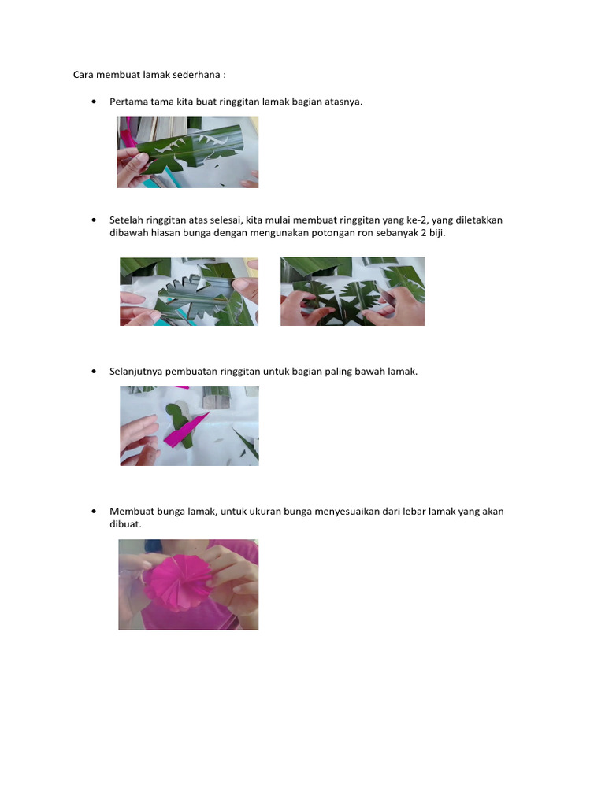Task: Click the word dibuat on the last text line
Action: tap(124, 524)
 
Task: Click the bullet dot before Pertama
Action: tap(94, 102)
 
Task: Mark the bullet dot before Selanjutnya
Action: tap(94, 372)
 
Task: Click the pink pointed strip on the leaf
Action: tap(185, 429)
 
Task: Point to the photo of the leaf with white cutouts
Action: tap(187, 152)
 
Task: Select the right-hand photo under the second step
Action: tap(352, 291)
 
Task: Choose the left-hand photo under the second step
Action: tap(189, 291)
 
